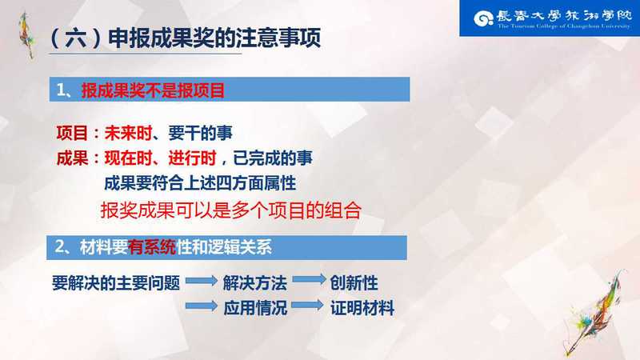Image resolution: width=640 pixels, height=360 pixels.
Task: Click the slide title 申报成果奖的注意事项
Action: (x=214, y=38)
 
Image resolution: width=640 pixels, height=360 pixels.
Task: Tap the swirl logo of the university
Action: (x=484, y=18)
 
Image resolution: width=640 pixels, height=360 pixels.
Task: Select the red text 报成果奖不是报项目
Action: (x=153, y=90)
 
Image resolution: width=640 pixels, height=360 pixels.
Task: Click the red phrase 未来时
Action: (x=128, y=133)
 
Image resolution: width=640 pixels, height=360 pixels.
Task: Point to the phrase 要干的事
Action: (x=200, y=133)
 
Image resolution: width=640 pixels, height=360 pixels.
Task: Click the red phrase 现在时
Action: (x=128, y=158)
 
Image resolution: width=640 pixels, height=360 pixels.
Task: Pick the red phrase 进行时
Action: (x=192, y=158)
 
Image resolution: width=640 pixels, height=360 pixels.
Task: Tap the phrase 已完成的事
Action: (x=273, y=158)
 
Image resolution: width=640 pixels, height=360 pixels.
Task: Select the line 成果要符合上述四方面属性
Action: (x=200, y=183)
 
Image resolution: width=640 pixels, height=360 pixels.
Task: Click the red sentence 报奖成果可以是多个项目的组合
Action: (x=231, y=210)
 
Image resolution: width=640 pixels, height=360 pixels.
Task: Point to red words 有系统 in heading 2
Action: (x=151, y=247)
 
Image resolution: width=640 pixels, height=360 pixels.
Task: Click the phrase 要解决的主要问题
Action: (x=116, y=283)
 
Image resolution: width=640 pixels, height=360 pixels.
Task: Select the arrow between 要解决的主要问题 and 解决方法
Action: (x=202, y=281)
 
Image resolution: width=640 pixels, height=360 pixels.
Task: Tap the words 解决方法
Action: (x=255, y=283)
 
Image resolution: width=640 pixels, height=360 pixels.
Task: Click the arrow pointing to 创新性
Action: (x=310, y=279)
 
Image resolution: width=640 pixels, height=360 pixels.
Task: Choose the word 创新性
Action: (x=354, y=283)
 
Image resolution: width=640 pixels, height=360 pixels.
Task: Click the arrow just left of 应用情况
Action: (x=202, y=306)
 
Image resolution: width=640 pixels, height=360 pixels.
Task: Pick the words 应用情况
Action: (x=255, y=308)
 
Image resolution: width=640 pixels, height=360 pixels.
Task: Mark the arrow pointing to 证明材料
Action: (x=308, y=305)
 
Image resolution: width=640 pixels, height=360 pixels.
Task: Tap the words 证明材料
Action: (x=362, y=308)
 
